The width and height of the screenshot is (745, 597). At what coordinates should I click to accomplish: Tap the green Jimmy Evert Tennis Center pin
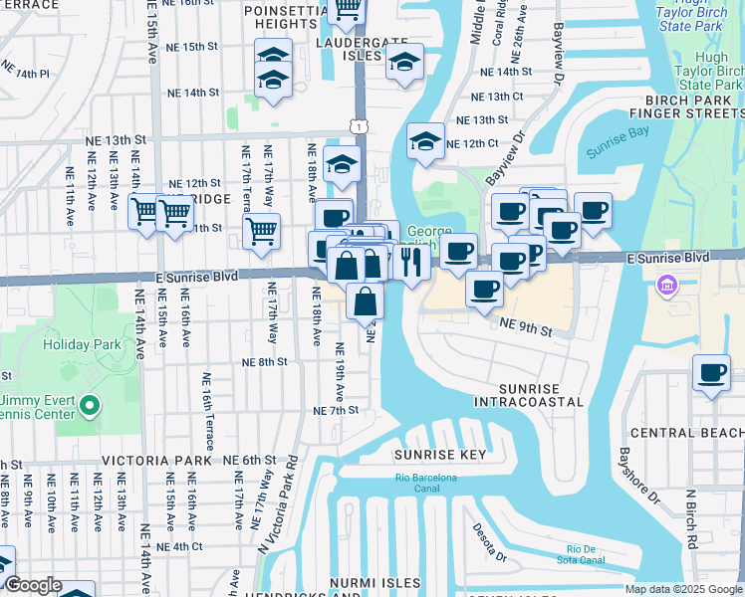(91, 405)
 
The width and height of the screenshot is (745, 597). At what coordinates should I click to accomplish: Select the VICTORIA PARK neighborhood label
(156, 461)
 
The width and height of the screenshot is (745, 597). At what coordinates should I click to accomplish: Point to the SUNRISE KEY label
(439, 455)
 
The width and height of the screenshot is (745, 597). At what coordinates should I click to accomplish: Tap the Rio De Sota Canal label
(588, 555)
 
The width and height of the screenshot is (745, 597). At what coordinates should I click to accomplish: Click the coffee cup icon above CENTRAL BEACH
(711, 373)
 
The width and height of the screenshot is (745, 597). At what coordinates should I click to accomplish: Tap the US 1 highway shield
(359, 123)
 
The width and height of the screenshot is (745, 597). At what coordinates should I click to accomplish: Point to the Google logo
(34, 586)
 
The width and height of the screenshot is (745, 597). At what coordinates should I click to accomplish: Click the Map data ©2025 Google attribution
(682, 589)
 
